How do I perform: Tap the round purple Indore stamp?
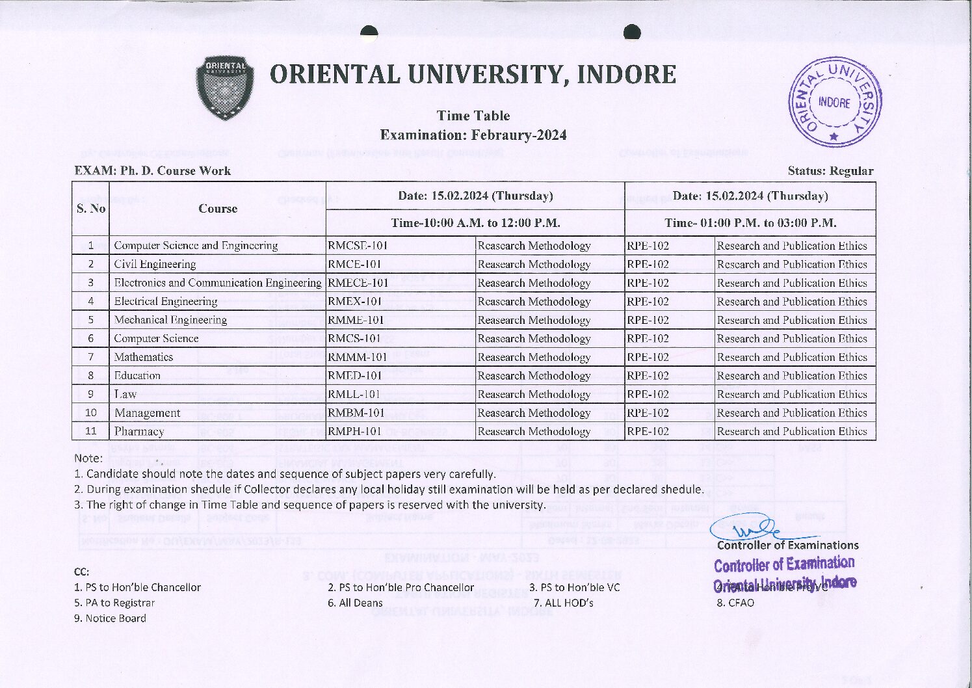[x=835, y=102]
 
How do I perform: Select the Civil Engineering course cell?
[x=155, y=264]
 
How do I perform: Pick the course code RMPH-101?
[x=355, y=431]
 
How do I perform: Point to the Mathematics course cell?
[x=144, y=357]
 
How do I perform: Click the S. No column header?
[x=91, y=208]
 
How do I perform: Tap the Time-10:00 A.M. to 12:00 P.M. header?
[x=475, y=223]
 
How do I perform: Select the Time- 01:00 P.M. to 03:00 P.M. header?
[x=750, y=223]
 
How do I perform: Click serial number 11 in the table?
[x=91, y=431]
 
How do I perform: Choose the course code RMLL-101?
[x=354, y=394]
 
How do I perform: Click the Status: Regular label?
[x=830, y=171]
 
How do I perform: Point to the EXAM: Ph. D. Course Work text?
[x=153, y=171]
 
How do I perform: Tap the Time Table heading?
[x=473, y=116]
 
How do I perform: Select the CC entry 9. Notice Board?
[x=110, y=618]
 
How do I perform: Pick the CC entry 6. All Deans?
[x=355, y=603]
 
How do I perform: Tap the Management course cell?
[x=147, y=413]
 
